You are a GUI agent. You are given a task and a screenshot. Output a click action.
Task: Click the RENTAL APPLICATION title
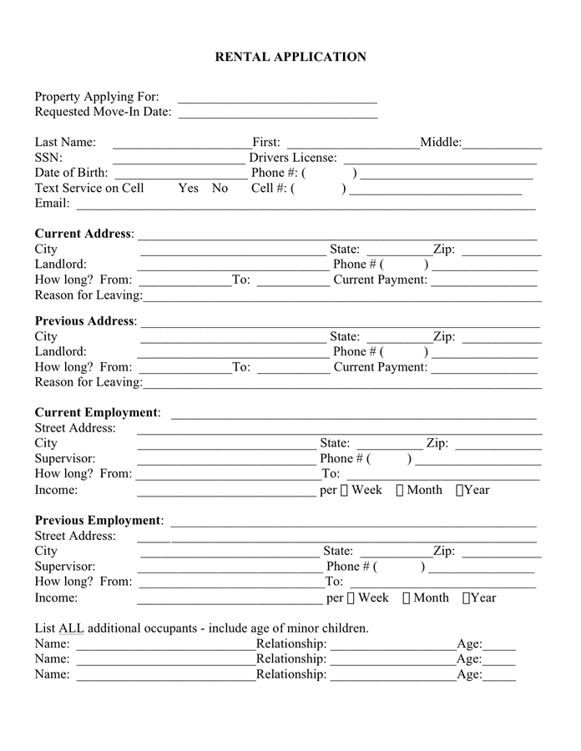pos(290,57)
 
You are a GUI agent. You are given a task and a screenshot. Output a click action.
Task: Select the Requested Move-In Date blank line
pos(277,114)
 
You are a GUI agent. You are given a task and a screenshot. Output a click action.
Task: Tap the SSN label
pos(48,157)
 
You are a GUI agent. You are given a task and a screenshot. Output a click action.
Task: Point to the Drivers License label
pos(293,157)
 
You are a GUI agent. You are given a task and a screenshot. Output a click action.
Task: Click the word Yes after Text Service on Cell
pos(188,188)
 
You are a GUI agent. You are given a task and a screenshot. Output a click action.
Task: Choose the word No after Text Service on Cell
pos(220,188)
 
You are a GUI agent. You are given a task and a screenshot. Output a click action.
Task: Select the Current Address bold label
pos(83,234)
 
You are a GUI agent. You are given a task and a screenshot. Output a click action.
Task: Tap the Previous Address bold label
pos(84,321)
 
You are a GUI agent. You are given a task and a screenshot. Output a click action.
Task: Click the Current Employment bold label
pos(96,412)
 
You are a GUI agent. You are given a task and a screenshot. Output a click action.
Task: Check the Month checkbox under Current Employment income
pos(401,491)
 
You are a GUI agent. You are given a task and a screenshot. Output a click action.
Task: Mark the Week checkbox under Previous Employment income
pos(351,598)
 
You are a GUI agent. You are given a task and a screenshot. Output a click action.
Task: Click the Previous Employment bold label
pos(98,521)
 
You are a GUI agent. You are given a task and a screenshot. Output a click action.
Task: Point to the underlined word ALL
pos(71,628)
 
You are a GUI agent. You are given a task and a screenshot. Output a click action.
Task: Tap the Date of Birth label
pos(72,173)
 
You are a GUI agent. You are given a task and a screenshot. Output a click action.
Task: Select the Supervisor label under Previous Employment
pos(64,566)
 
